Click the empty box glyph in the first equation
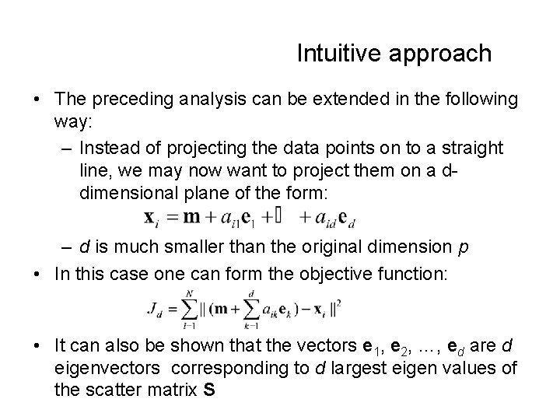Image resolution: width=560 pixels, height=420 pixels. click(277, 215)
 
